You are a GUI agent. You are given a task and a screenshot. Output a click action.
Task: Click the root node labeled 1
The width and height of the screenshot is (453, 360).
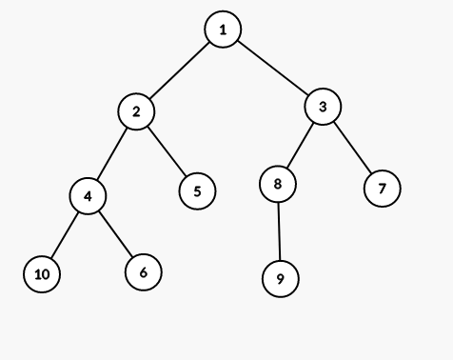(223, 30)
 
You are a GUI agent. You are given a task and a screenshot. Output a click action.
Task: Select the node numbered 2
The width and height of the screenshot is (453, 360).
(136, 111)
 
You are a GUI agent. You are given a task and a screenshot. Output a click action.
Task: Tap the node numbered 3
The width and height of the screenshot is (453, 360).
(324, 107)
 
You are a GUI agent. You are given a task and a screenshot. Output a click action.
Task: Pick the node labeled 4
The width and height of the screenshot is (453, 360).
(88, 195)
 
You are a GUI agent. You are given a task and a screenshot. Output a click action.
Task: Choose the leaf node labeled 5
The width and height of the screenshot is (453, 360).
(197, 190)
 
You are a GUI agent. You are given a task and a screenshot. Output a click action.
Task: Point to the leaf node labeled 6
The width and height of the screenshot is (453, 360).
(143, 272)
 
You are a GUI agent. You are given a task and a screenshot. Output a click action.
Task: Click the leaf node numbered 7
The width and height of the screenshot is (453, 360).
(382, 189)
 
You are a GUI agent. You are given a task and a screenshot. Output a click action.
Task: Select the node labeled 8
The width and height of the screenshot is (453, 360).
(278, 184)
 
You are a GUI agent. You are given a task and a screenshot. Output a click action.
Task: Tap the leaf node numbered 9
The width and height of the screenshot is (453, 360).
(281, 279)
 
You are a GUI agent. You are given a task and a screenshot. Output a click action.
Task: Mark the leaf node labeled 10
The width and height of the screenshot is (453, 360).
(42, 274)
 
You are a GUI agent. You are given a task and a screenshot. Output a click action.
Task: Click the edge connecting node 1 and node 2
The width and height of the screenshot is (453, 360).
(180, 70)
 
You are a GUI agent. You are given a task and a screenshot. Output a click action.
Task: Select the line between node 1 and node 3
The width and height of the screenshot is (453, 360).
(273, 68)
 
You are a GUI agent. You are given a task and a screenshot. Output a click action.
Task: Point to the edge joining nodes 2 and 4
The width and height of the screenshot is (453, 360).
(112, 153)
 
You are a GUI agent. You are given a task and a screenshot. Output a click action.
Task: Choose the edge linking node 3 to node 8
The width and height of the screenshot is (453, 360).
(301, 145)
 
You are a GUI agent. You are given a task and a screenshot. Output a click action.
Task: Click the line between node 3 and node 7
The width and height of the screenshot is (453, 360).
(352, 148)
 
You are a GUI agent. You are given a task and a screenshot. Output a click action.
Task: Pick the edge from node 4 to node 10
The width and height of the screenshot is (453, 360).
(65, 234)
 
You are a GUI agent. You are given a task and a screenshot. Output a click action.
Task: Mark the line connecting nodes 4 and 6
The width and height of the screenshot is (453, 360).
(115, 234)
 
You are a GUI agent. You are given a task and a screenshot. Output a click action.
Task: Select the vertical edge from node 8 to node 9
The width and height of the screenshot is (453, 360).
(279, 231)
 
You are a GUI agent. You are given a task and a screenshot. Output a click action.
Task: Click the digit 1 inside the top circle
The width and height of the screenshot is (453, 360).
(223, 30)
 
